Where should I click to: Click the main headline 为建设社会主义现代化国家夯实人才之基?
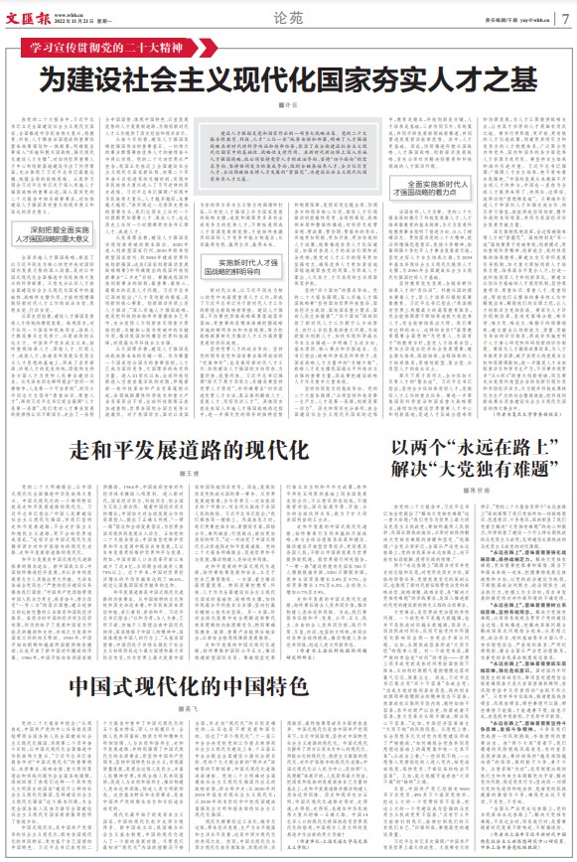[x=288, y=75]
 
